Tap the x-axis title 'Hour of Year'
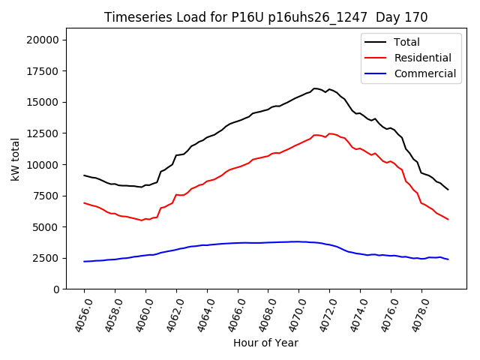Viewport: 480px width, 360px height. click(265, 343)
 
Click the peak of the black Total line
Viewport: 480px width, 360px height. click(314, 88)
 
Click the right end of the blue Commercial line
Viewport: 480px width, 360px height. click(448, 259)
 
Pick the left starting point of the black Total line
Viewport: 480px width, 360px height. click(84, 175)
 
